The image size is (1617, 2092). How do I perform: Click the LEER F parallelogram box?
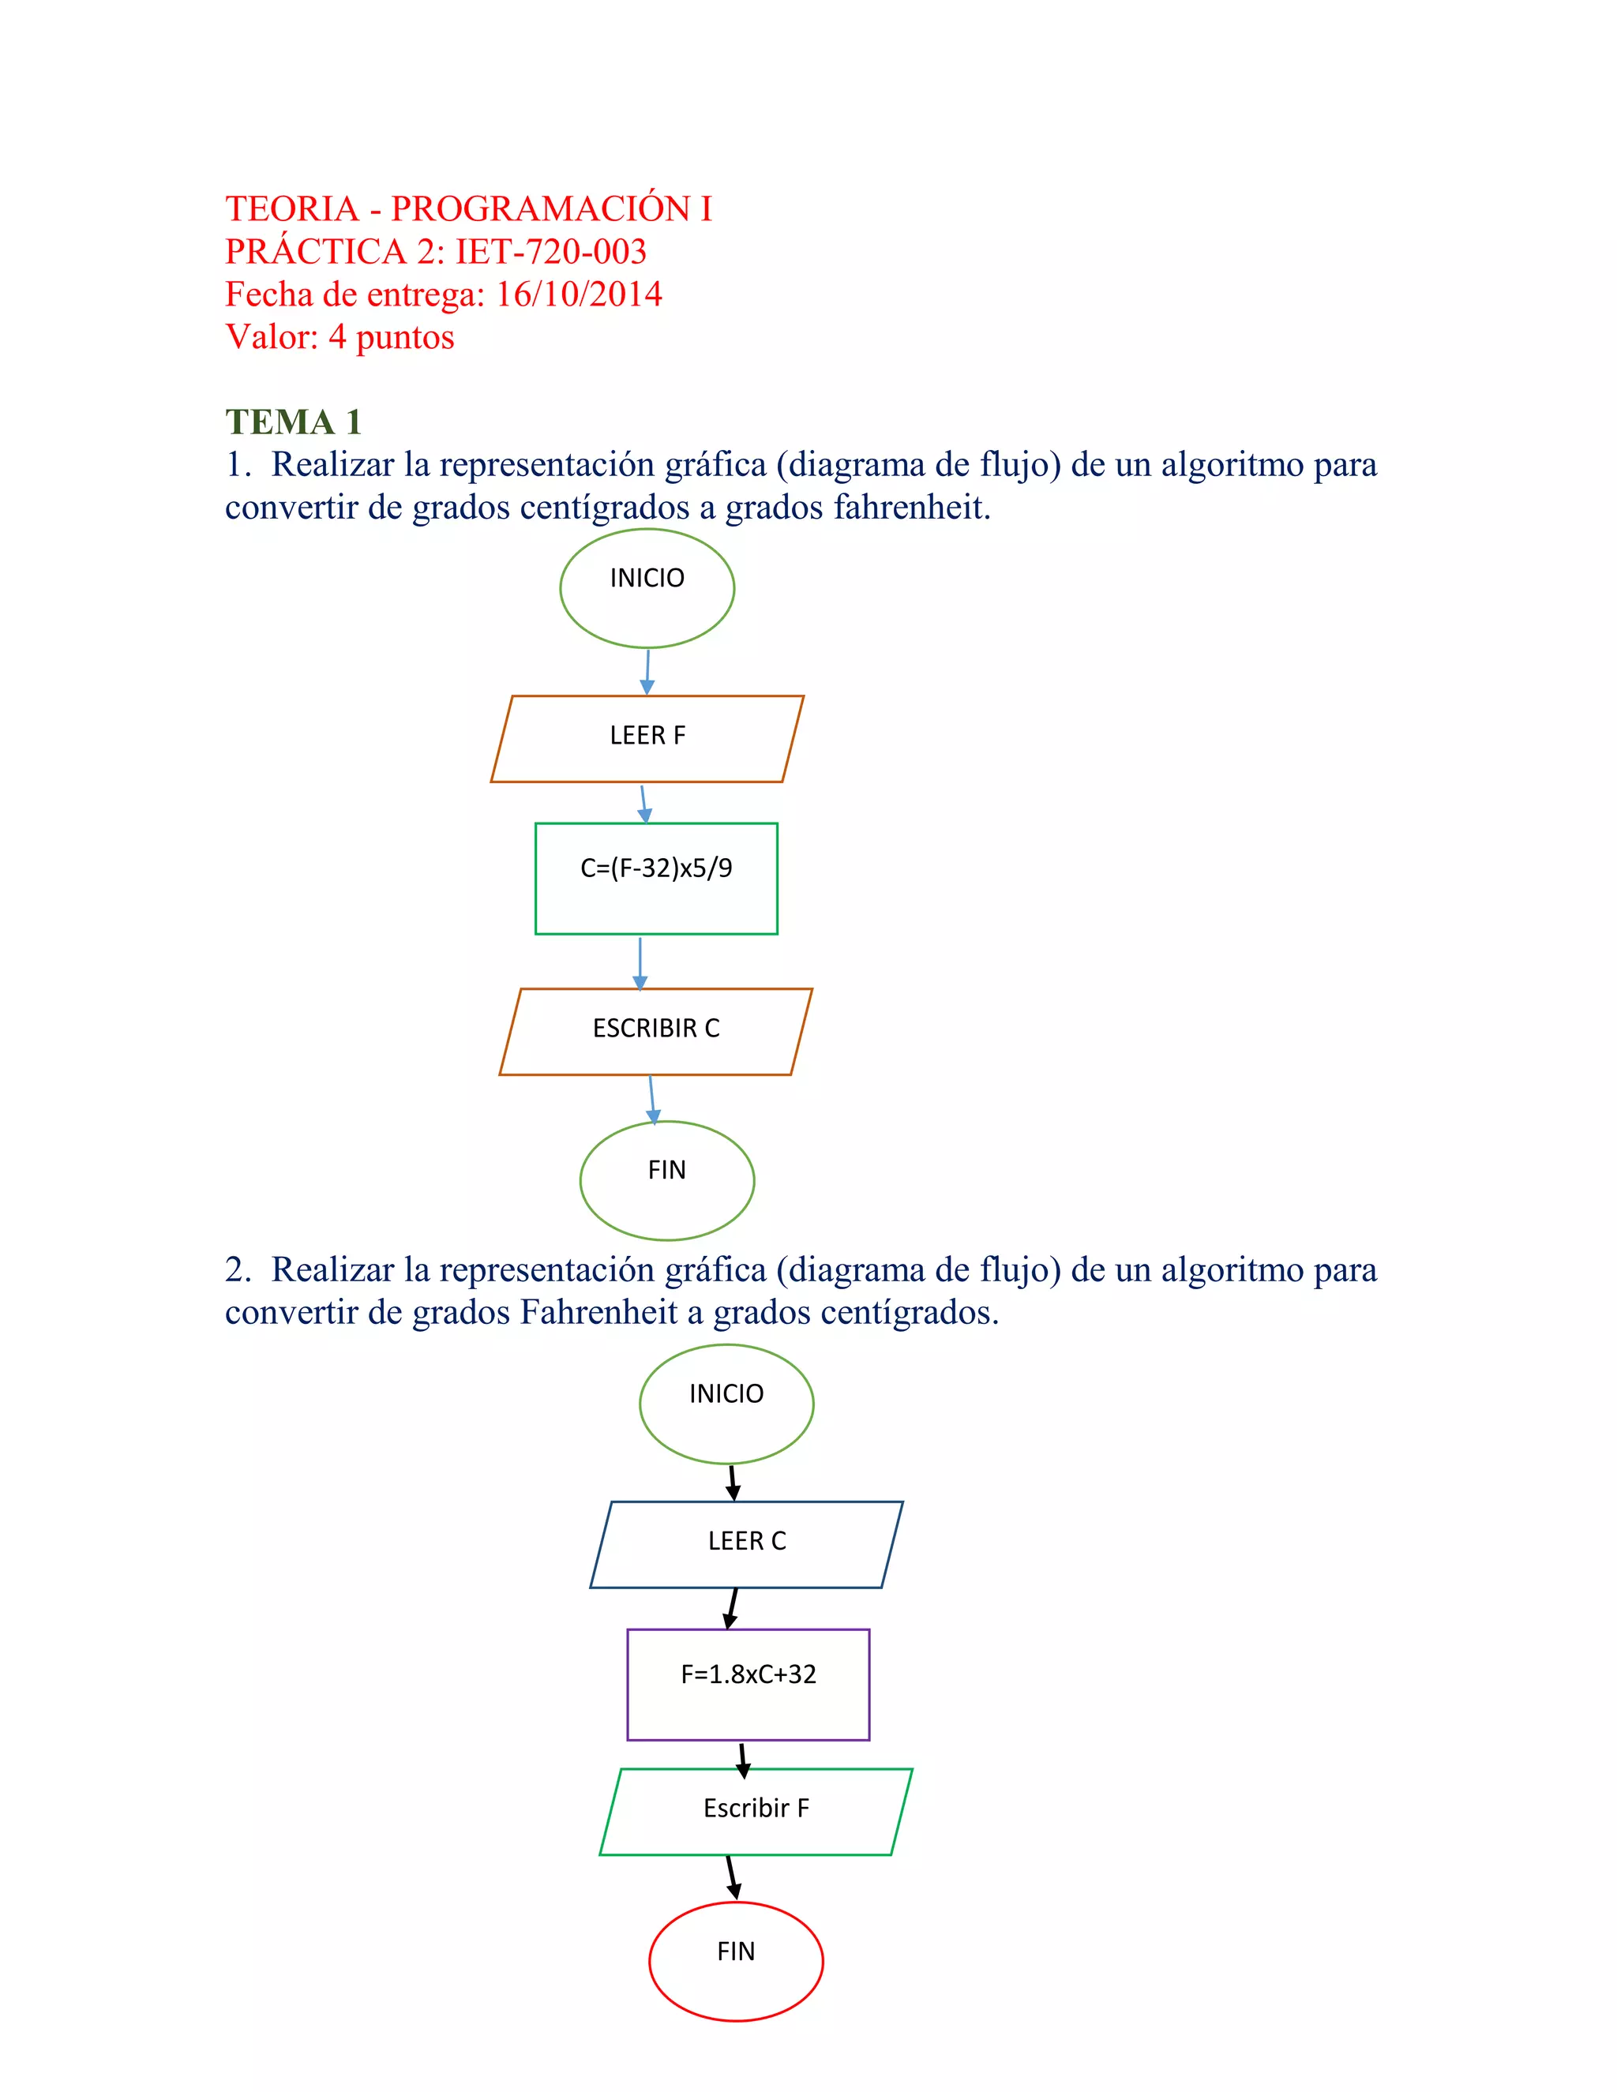pos(647,739)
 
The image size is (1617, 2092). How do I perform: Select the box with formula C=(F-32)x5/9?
pos(656,879)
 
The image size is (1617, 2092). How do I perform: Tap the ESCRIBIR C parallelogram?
pos(656,1032)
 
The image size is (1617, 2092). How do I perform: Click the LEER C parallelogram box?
pos(746,1544)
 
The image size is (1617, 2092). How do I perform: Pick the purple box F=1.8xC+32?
pos(748,1684)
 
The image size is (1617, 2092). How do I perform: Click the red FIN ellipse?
pos(736,1961)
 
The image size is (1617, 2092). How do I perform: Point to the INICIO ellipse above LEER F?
pos(647,588)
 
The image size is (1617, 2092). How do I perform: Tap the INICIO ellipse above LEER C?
pos(726,1404)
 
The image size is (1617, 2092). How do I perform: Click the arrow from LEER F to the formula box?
pos(643,804)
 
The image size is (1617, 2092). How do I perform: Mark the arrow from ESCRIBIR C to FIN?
pos(651,1099)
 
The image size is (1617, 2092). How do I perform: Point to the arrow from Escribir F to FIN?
pos(732,1877)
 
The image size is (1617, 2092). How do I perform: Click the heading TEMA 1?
pos(293,422)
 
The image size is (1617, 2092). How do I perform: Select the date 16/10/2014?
pos(579,294)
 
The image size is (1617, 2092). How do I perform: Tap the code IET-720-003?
pos(551,251)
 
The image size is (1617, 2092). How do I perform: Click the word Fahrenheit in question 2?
pos(598,1311)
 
